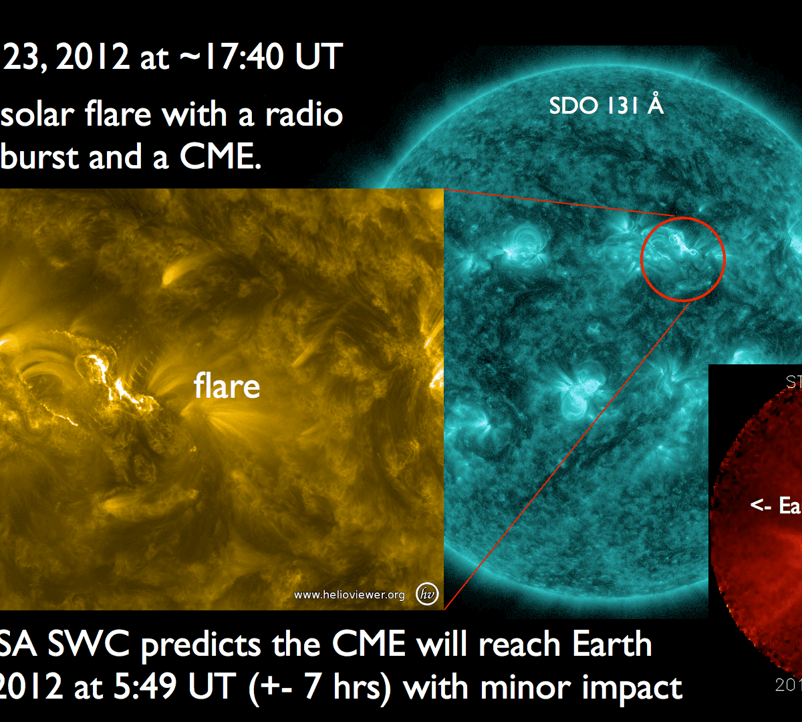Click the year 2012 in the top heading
tap(94, 56)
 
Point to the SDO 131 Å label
tap(606, 106)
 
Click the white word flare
tap(227, 386)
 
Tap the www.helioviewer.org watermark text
tap(349, 595)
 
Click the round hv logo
tap(426, 594)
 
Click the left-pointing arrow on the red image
tap(761, 506)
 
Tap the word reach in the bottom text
tap(521, 644)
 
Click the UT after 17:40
tap(320, 56)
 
